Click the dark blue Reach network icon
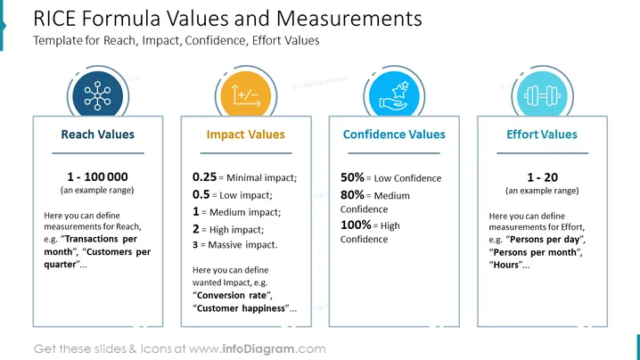tap(97, 96)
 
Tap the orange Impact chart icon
tap(246, 95)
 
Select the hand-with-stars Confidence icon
tap(394, 95)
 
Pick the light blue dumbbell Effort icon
tap(542, 96)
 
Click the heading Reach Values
tap(97, 135)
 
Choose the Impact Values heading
tap(246, 135)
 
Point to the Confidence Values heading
tap(394, 135)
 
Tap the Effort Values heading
tap(542, 135)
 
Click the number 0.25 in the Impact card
tap(204, 177)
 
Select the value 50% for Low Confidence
tap(352, 177)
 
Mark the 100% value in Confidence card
tap(356, 225)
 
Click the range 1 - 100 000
tap(97, 176)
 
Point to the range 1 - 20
tap(543, 177)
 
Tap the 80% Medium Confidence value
tap(352, 195)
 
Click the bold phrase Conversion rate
tap(232, 295)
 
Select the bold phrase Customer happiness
tap(241, 308)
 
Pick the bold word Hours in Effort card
tap(506, 265)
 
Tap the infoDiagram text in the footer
tap(258, 349)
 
